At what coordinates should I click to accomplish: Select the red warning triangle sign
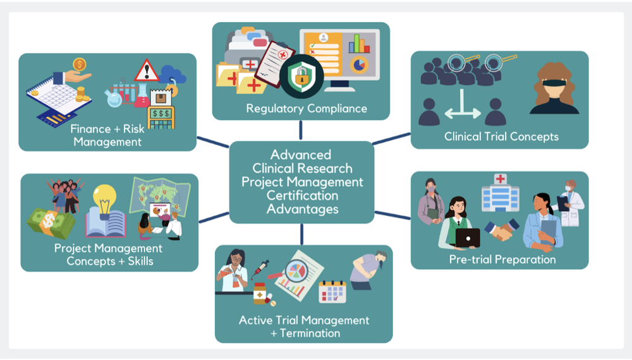pyautogui.click(x=147, y=70)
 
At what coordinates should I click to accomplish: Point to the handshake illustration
pyautogui.click(x=502, y=230)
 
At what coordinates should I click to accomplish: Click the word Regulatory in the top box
pyautogui.click(x=274, y=108)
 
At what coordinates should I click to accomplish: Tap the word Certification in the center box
pyautogui.click(x=302, y=195)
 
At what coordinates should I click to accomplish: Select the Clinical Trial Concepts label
pyautogui.click(x=501, y=136)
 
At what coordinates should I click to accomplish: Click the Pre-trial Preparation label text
pyautogui.click(x=502, y=259)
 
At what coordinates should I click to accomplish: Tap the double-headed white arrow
pyautogui.click(x=463, y=114)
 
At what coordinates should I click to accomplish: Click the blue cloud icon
pyautogui.click(x=172, y=75)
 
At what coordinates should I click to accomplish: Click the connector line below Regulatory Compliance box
pyautogui.click(x=301, y=129)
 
